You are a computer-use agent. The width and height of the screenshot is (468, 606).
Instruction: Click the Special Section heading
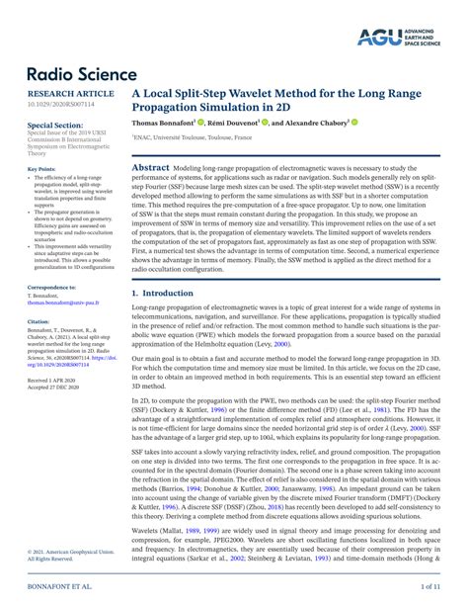54,127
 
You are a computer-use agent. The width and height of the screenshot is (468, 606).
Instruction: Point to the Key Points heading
41,169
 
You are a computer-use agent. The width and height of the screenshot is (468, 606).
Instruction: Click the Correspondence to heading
51,286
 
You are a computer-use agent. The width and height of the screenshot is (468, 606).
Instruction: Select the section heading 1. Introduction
164,295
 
